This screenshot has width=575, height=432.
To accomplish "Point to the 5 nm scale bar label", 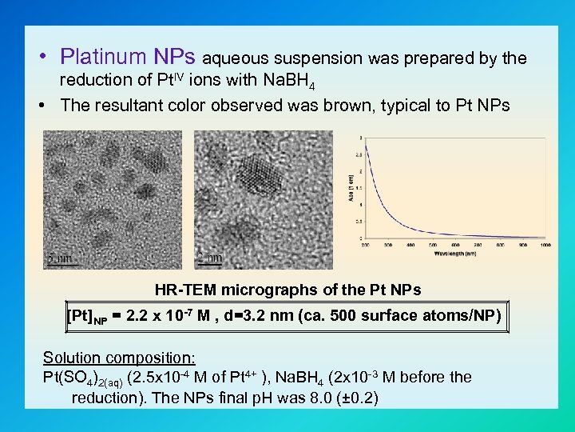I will [x=59, y=258].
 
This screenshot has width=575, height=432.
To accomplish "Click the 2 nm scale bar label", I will [x=209, y=258].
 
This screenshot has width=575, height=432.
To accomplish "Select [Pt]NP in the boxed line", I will [x=88, y=316].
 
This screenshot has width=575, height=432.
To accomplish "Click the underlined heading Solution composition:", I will [x=119, y=358].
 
